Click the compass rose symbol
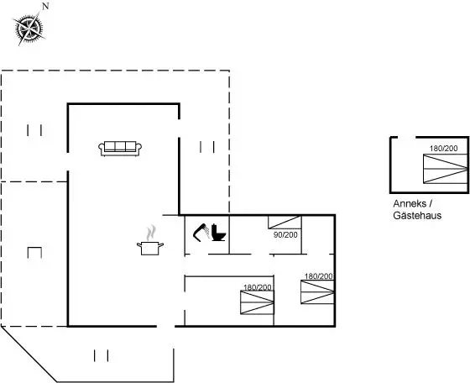[x=29, y=29]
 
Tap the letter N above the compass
[x=45, y=6]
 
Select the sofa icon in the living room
[x=120, y=149]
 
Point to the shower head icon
[x=201, y=233]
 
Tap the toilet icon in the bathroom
[x=218, y=233]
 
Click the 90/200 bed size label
[x=285, y=235]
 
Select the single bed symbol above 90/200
[x=285, y=223]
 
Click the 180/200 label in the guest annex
[x=444, y=148]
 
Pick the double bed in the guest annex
[x=446, y=169]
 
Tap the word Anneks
[x=410, y=203]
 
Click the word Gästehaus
[x=417, y=215]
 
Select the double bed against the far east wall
[x=318, y=291]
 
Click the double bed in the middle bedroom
[x=257, y=302]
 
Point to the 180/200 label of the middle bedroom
[x=258, y=287]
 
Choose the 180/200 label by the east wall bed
[x=319, y=276]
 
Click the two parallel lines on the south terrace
[x=101, y=356]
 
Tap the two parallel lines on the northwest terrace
[x=34, y=130]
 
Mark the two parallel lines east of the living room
[x=207, y=147]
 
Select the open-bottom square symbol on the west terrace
[x=34, y=253]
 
